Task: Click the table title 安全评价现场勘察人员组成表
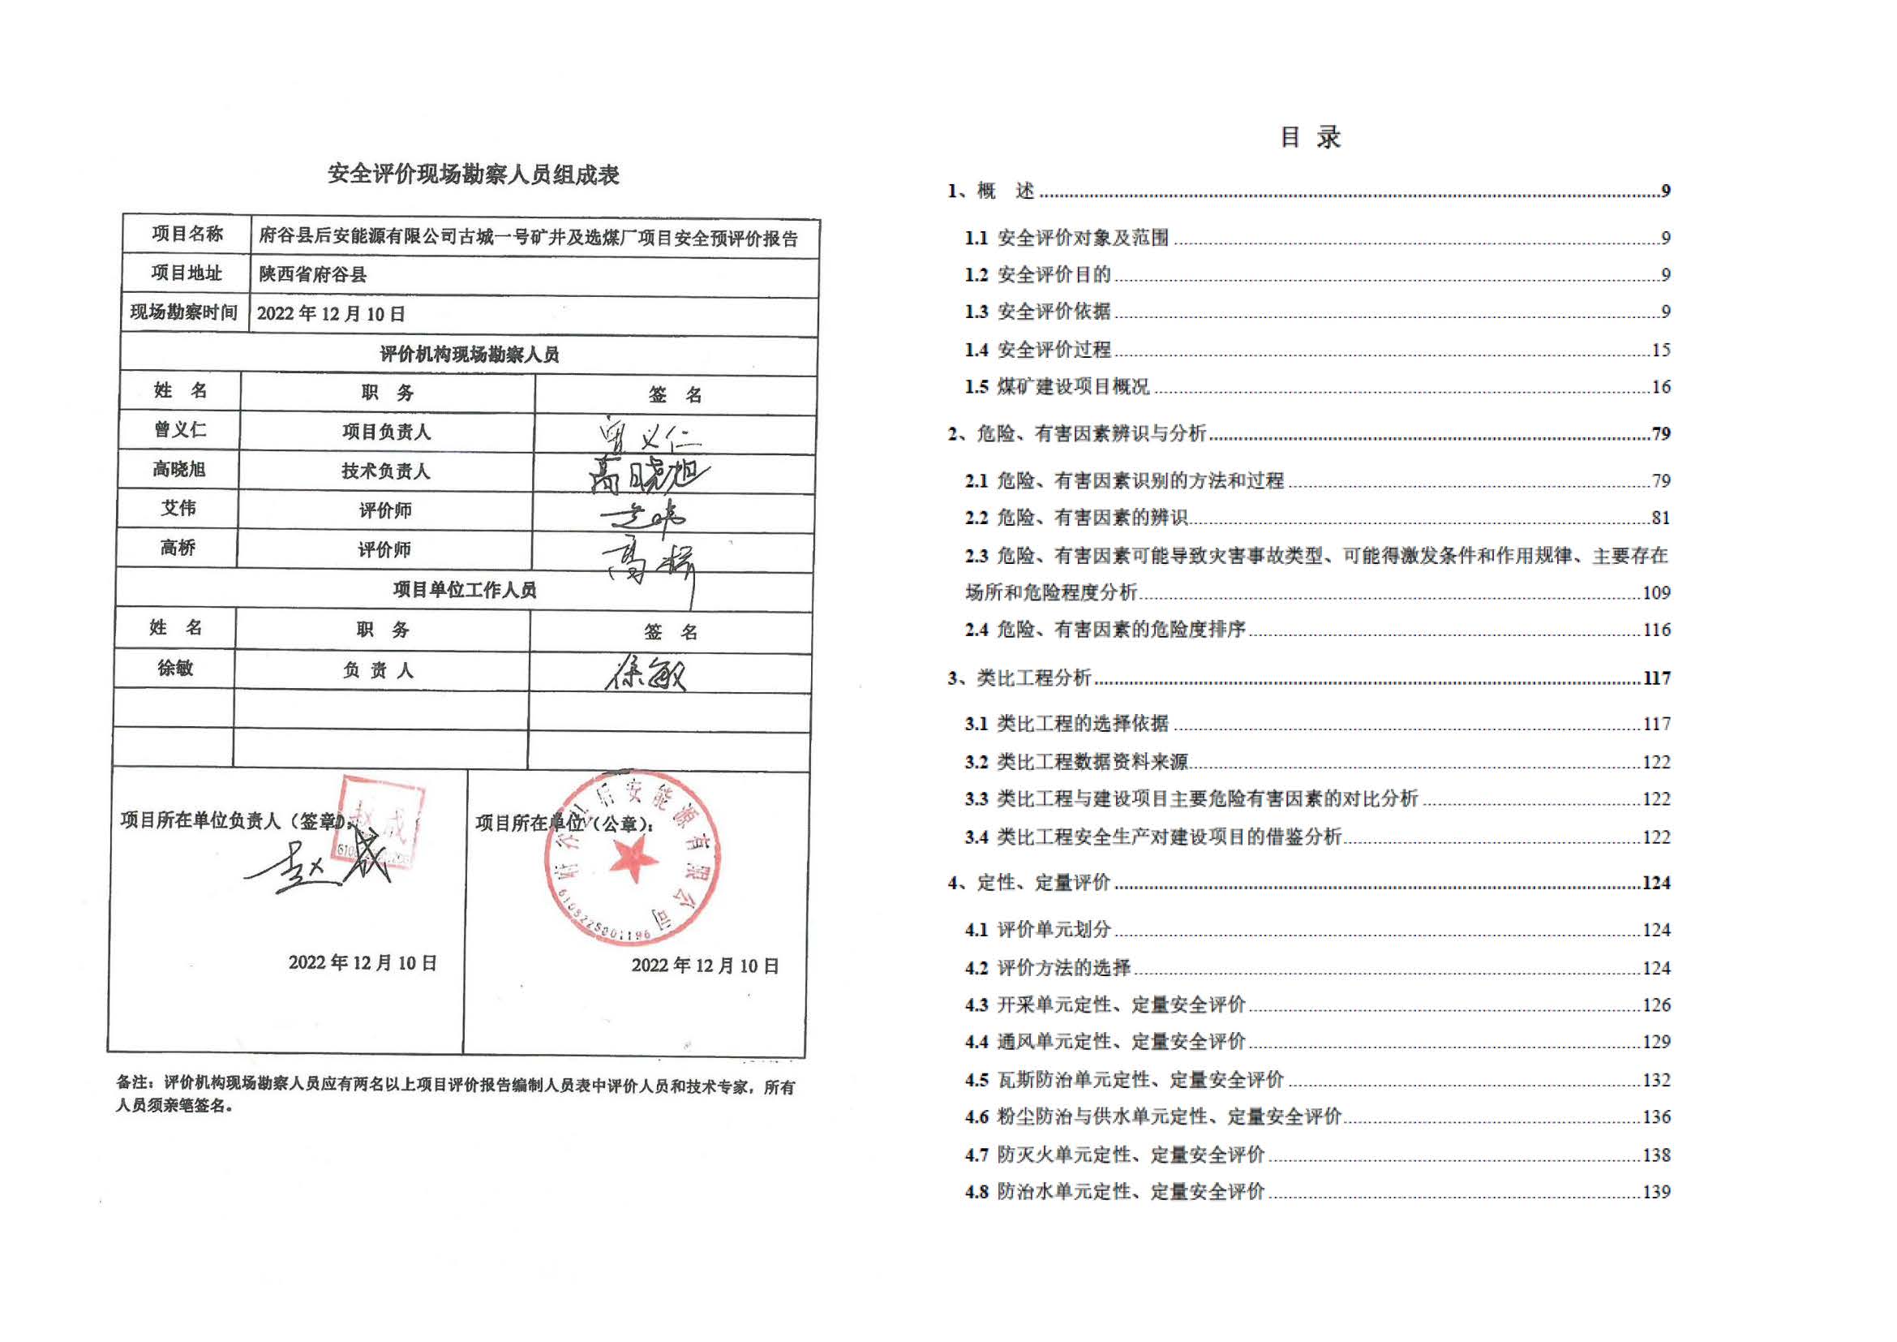click(473, 174)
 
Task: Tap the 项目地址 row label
click(186, 273)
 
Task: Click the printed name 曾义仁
click(179, 430)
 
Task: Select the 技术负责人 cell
click(386, 471)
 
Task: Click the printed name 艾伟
click(178, 508)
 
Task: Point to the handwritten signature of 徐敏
click(646, 673)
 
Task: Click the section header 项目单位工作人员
click(465, 589)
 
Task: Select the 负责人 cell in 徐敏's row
click(379, 670)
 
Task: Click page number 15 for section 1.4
click(1661, 351)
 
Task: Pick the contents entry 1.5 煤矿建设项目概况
click(1058, 387)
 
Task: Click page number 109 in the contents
click(1656, 592)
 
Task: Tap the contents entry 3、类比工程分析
click(1019, 678)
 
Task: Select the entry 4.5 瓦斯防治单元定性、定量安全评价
click(1123, 1080)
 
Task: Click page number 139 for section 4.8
click(1656, 1192)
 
